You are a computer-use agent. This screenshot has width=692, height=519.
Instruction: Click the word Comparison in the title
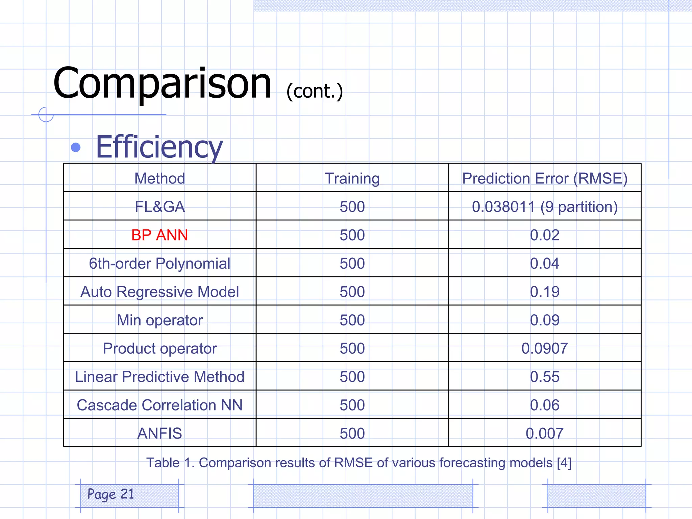[162, 84]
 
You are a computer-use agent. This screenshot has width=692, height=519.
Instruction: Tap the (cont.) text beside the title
[315, 91]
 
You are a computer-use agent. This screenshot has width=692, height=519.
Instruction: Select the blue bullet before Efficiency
[76, 147]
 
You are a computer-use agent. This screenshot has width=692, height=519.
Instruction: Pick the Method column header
[159, 178]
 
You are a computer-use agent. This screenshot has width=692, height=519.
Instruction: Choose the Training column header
[352, 178]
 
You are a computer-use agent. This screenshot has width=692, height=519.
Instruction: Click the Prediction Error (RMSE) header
[545, 178]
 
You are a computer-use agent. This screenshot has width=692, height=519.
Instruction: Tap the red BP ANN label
[159, 235]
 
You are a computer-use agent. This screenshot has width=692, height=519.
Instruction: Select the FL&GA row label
[159, 206]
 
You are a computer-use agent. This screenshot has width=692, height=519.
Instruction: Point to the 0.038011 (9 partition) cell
[545, 206]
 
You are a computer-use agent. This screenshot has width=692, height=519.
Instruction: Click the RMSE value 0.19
[545, 292]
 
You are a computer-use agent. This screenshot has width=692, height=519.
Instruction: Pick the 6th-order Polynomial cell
[159, 263]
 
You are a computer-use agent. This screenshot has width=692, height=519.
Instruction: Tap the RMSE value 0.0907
[545, 348]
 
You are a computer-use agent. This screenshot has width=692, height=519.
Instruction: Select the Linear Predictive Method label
[159, 376]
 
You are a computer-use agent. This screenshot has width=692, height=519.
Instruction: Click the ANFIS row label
[159, 433]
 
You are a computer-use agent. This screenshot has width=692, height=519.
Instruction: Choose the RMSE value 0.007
[545, 433]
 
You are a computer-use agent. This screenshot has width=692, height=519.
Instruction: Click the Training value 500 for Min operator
[352, 320]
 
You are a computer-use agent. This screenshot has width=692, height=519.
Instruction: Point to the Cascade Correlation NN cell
[159, 405]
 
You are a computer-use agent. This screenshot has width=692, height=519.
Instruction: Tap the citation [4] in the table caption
[564, 463]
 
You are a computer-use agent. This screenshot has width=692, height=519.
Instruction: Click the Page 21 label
[111, 494]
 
